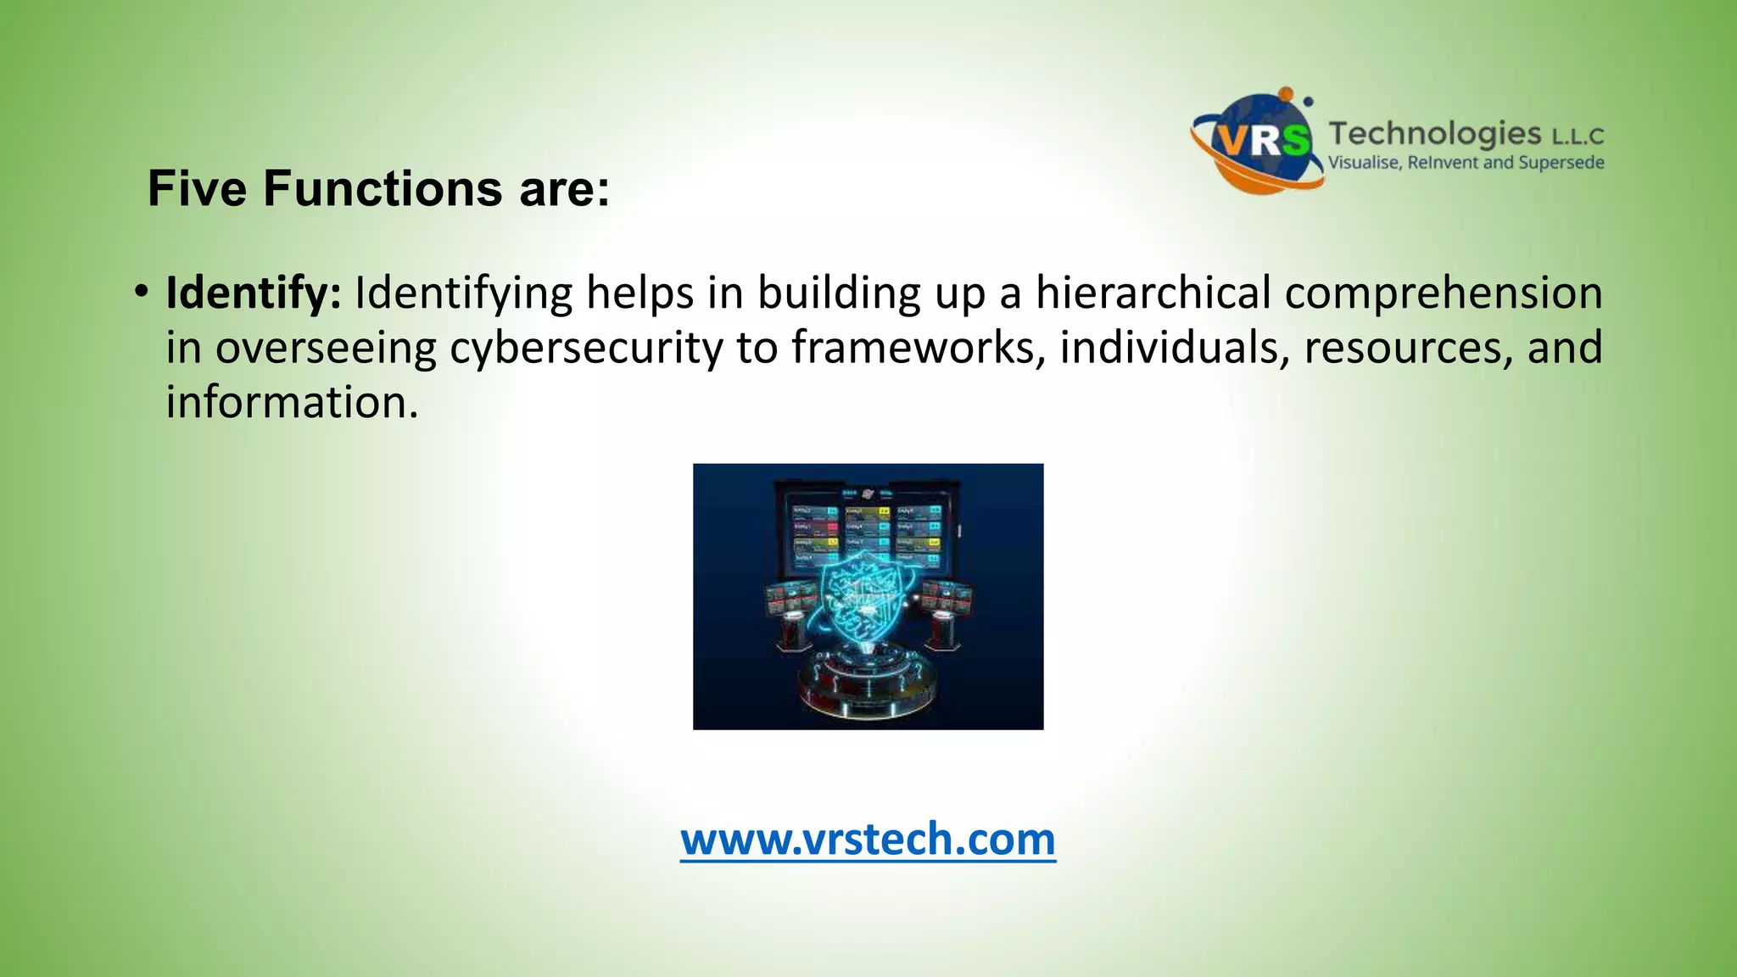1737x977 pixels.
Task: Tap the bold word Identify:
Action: [x=254, y=293]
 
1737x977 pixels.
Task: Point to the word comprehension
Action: [x=1444, y=293]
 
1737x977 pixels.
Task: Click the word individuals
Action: [x=1175, y=348]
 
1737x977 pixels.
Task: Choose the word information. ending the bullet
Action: [x=292, y=402]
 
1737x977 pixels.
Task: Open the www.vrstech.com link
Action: [x=868, y=839]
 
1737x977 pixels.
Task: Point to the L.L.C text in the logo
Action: [x=1578, y=137]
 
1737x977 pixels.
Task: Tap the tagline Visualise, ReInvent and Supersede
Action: [x=1466, y=163]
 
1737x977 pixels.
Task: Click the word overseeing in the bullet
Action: [x=326, y=348]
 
